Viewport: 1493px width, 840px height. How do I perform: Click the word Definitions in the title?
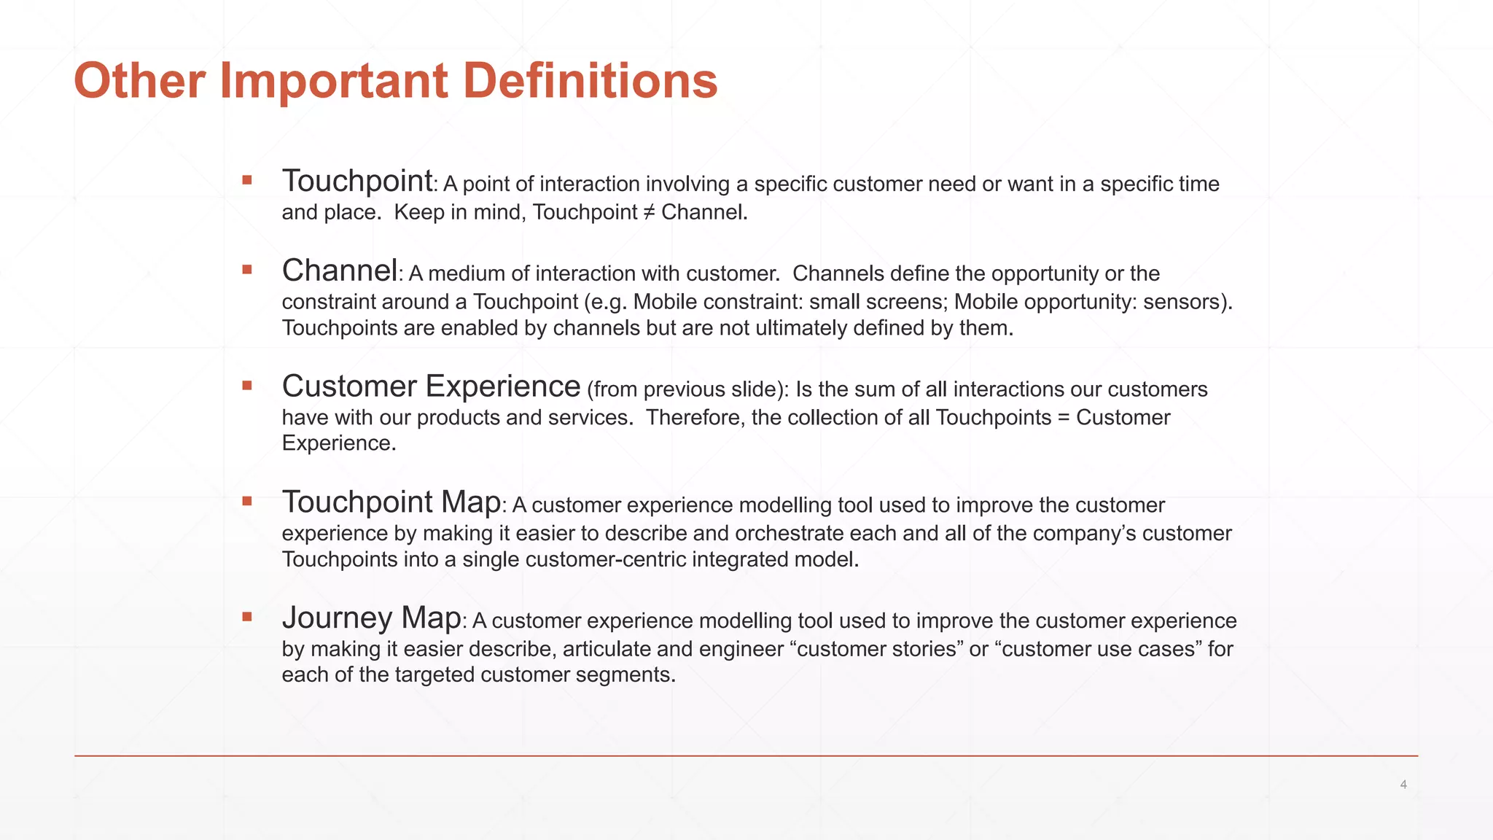[590, 80]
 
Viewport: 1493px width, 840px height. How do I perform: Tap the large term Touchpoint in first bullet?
[357, 181]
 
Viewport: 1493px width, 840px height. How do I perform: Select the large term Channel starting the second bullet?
[340, 271]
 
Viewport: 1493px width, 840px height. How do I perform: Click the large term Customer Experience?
[431, 386]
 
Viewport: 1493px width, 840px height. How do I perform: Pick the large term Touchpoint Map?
[391, 502]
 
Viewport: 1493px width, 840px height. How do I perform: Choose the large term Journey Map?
[371, 618]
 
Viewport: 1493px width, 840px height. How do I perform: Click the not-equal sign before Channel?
[649, 212]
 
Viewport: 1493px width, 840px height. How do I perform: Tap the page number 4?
[1403, 785]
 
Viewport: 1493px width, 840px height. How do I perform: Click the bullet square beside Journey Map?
[247, 617]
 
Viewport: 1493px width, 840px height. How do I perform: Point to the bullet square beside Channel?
[247, 270]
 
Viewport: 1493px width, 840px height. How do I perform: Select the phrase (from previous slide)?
[687, 389]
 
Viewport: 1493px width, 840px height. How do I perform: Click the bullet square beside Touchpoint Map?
[247, 501]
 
